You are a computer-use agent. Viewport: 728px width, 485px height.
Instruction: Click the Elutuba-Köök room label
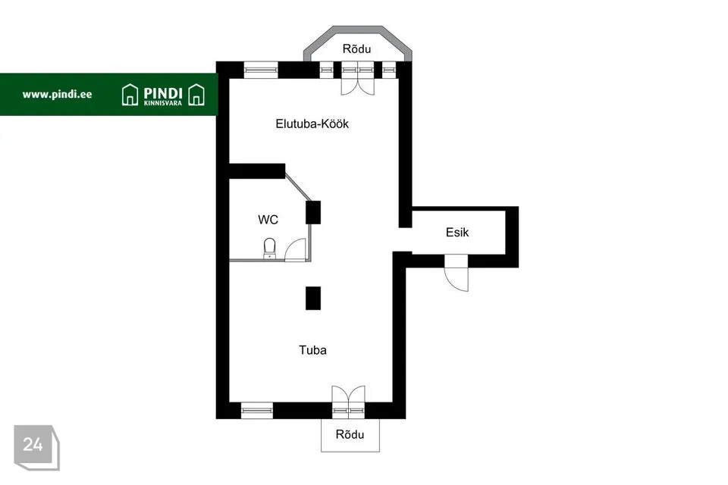pos(312,124)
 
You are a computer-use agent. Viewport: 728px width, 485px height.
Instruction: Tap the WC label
pos(268,220)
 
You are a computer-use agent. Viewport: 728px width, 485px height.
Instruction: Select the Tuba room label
pos(312,350)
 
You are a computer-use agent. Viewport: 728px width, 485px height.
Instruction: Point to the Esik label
pos(457,232)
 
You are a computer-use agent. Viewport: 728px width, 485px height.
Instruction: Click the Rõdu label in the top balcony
pos(356,48)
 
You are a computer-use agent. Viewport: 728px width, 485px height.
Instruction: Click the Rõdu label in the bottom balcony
pos(350,434)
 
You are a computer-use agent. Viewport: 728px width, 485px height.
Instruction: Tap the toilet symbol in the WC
pos(269,249)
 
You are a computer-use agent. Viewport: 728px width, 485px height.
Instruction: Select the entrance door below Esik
pos(457,273)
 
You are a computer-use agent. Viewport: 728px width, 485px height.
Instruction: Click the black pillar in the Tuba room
pos(313,298)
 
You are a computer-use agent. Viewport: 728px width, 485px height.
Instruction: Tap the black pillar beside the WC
pos(313,212)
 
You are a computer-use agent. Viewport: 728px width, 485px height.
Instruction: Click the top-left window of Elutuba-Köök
pos(260,70)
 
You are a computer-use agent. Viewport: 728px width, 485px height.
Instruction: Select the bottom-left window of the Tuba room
pos(257,410)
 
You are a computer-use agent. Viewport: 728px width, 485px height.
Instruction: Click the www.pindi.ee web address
pos(57,95)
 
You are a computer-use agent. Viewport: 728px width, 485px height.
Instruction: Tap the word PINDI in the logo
pos(163,93)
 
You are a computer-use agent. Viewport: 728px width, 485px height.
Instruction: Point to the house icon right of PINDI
pos(196,95)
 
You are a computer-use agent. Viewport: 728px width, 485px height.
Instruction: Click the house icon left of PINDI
pos(130,95)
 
